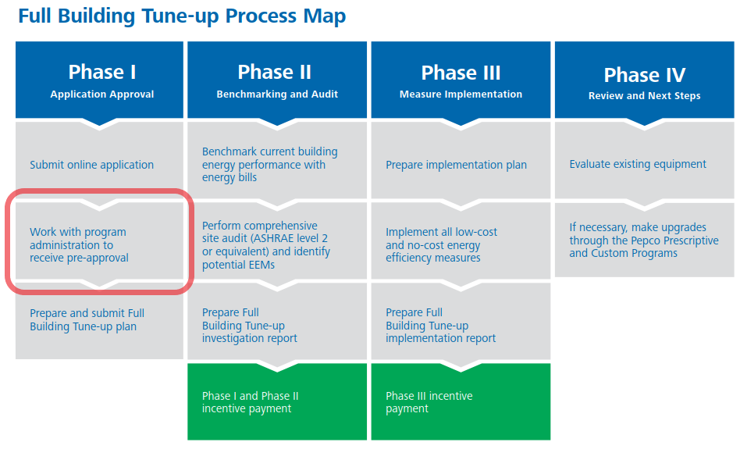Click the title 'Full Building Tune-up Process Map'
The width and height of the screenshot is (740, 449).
182,16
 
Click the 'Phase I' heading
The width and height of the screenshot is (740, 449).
102,73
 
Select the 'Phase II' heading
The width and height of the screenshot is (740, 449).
274,73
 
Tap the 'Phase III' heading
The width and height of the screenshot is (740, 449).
461,73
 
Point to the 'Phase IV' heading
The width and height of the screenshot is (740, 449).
644,75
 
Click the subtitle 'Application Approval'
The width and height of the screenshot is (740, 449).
102,94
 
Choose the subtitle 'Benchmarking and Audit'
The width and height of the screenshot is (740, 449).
277,94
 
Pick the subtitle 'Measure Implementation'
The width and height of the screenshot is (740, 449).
461,94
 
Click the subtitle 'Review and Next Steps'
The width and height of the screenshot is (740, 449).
644,96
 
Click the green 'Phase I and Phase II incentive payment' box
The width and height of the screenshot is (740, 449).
277,402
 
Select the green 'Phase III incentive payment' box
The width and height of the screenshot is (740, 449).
461,402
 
